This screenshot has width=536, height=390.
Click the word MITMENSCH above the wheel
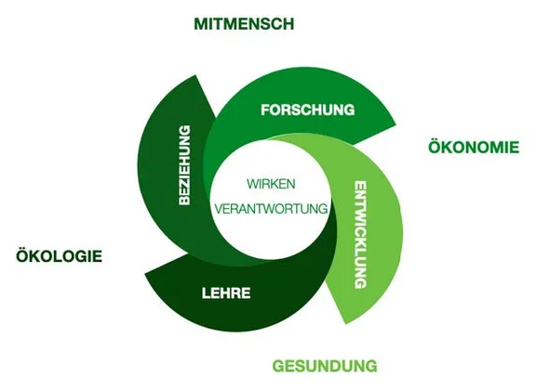244,24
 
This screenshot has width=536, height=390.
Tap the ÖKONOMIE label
473,147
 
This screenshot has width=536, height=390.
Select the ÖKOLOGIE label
59,256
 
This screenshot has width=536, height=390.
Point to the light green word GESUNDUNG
324,364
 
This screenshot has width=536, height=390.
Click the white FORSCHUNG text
308,110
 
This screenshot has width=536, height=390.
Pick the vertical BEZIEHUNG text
184,164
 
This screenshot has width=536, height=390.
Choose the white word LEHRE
226,293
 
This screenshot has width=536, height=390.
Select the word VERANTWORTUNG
271,209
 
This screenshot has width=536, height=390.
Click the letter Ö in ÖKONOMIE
434,147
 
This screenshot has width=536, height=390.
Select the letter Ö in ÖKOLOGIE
21,256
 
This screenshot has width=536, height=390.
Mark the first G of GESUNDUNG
278,364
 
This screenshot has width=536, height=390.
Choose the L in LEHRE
207,293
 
